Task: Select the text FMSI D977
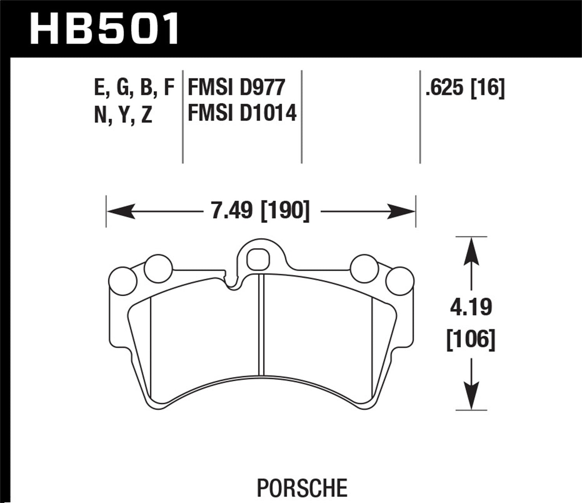(x=236, y=88)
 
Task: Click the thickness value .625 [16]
(x=465, y=88)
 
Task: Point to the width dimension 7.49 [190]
(x=260, y=211)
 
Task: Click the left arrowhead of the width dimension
(x=120, y=212)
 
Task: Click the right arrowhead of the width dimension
(x=402, y=212)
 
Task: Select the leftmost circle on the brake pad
(x=123, y=280)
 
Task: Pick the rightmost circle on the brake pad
(x=400, y=280)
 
